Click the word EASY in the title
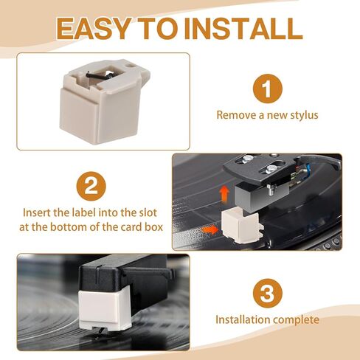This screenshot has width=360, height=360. coord(94,29)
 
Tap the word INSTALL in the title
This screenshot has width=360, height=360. coord(246,29)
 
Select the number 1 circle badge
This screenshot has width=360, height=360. coord(268,89)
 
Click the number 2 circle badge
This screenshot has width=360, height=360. coord(91,186)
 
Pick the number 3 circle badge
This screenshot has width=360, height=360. coord(268,293)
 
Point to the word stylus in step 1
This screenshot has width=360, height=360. coord(304,115)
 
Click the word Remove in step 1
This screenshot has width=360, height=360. coord(236,115)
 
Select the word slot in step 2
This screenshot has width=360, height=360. coord(148,212)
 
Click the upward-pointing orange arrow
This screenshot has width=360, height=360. coord(224,194)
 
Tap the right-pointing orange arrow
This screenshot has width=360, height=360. coord(210,230)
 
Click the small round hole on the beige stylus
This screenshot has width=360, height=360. coord(130,66)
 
